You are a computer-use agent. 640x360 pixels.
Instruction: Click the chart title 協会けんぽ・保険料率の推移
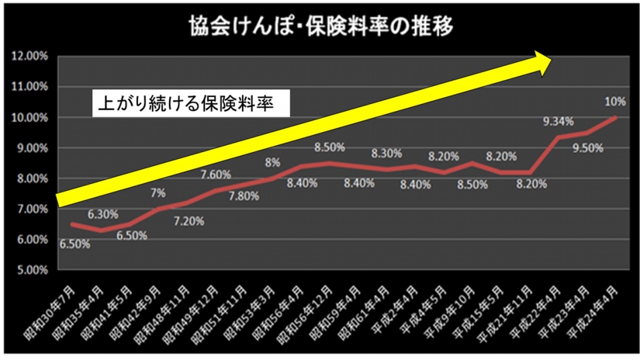click(320, 26)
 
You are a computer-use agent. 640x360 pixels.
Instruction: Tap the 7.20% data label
click(189, 221)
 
